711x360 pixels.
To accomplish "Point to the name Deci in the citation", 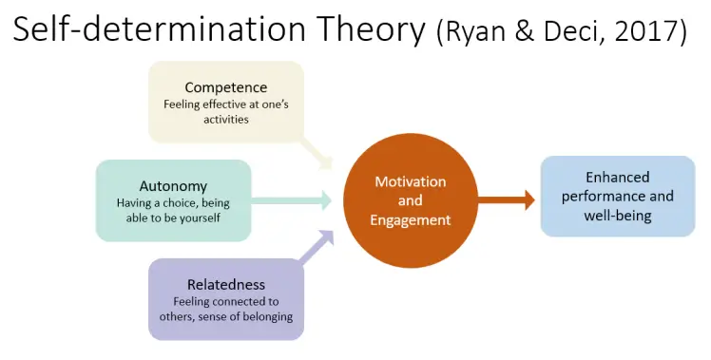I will tap(579, 32).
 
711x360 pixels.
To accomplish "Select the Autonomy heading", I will tap(173, 186).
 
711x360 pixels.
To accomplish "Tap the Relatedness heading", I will tap(226, 284).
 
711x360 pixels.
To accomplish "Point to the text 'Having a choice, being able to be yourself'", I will tap(173, 211).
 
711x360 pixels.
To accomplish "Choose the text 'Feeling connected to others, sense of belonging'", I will tap(226, 309).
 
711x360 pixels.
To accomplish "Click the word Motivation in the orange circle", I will tap(410, 181).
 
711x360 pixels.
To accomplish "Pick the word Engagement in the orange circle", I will tap(410, 220).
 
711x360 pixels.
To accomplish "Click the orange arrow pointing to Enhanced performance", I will tap(506, 200).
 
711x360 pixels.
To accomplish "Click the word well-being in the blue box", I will tap(617, 216).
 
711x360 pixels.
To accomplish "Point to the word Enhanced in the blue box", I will tap(617, 177).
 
